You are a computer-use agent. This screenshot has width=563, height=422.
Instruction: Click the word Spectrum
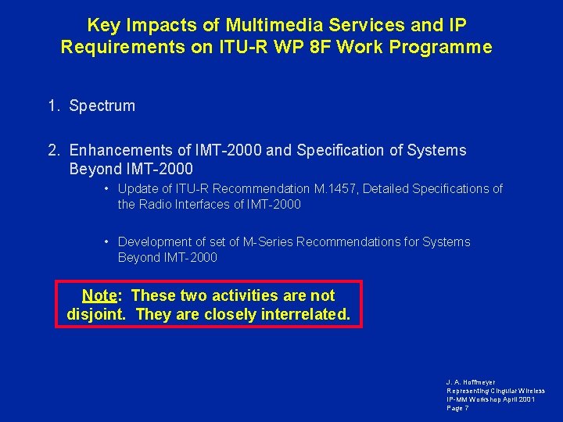pos(102,105)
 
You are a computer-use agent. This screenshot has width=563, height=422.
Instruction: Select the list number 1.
pos(52,105)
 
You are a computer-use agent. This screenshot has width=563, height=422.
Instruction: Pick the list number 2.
pos(52,150)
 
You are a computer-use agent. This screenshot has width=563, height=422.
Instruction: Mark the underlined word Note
pos(99,295)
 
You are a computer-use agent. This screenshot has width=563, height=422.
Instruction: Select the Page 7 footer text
pos(457,408)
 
